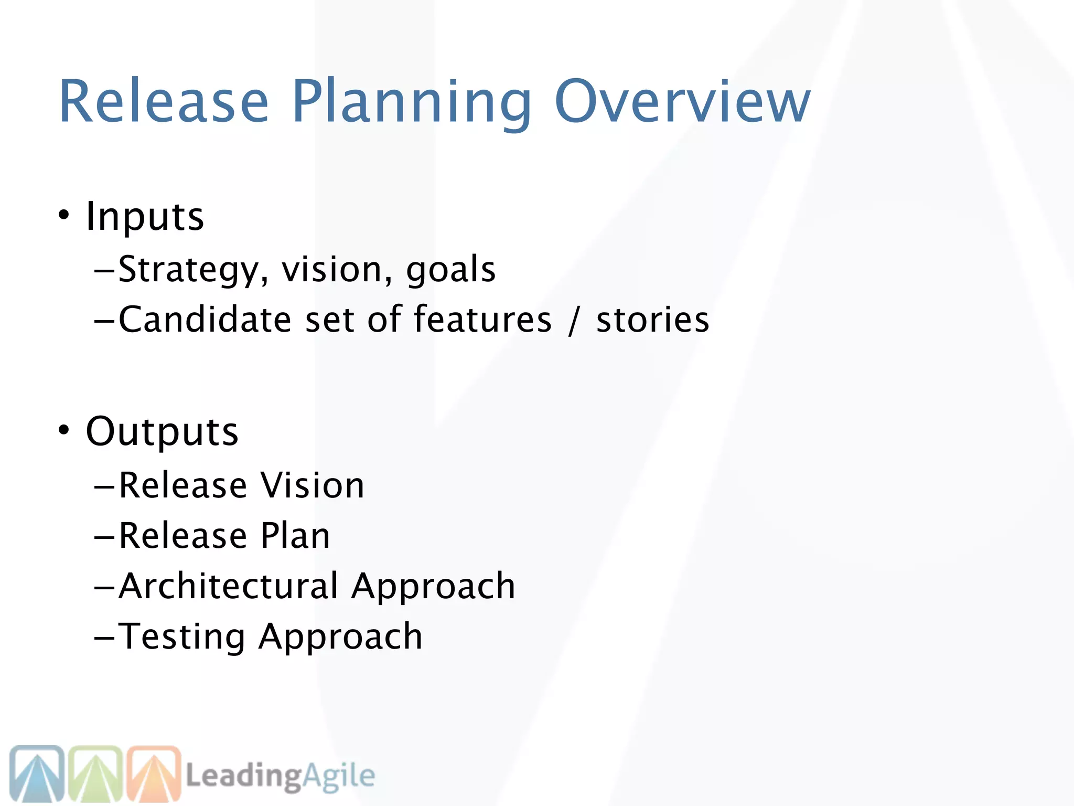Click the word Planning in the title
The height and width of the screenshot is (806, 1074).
[412, 102]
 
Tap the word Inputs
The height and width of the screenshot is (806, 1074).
[145, 216]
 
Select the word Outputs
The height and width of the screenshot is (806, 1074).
[162, 431]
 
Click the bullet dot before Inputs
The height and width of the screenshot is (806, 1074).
[64, 215]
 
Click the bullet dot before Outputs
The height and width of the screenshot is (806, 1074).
[64, 430]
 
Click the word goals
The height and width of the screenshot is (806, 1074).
[451, 270]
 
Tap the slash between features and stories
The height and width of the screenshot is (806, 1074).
[574, 320]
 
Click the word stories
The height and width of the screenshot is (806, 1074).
[652, 320]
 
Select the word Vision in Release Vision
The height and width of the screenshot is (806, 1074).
[313, 485]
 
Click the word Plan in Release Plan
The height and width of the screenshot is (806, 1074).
[296, 536]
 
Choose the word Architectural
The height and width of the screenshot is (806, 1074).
[229, 586]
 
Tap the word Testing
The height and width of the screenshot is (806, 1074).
[182, 637]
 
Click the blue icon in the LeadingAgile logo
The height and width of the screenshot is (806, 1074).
[37, 773]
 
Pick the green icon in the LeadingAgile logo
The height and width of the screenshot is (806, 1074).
[95, 773]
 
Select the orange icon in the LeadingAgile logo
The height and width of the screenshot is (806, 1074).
[154, 773]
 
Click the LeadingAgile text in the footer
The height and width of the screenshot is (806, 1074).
[281, 776]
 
